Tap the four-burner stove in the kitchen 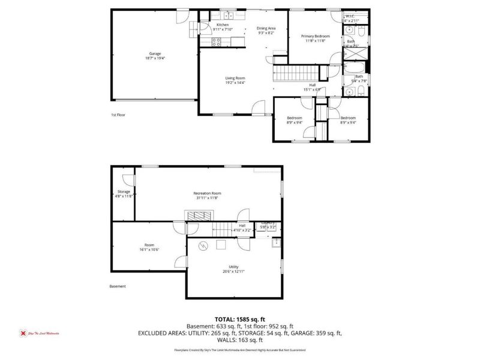(x=217, y=41)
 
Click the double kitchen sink (x=229, y=16)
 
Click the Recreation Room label (x=208, y=195)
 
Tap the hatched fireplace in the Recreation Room (x=197, y=215)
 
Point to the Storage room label (x=124, y=193)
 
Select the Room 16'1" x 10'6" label (x=149, y=247)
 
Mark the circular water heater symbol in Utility (x=203, y=245)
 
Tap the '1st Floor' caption (x=118, y=115)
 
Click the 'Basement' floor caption (x=118, y=286)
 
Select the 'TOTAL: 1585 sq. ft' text (x=240, y=320)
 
